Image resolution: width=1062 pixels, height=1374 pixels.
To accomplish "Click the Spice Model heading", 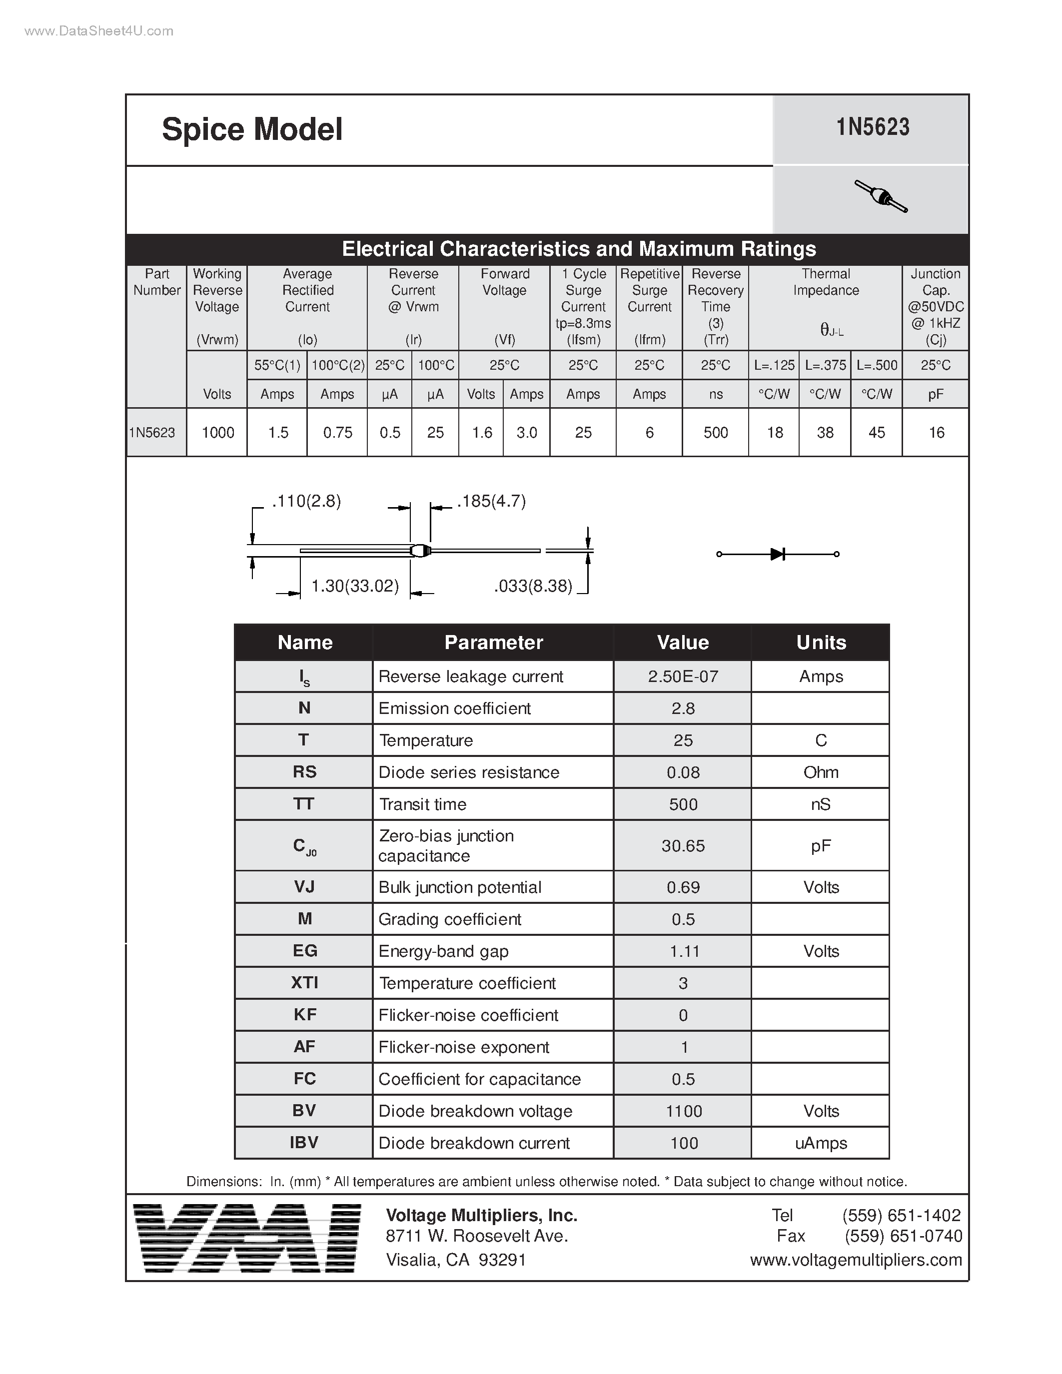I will (x=252, y=129).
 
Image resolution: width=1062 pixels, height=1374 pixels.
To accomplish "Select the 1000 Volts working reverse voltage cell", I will (x=218, y=432).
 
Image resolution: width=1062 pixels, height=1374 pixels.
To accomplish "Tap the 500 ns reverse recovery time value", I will (x=715, y=432).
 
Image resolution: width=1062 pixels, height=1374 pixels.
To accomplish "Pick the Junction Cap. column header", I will (x=935, y=306).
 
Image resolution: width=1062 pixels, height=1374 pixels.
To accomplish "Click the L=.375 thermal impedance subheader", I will (x=825, y=365).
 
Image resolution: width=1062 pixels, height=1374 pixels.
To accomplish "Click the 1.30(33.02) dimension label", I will (x=355, y=587).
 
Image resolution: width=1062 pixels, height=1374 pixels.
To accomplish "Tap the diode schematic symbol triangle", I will (x=777, y=554).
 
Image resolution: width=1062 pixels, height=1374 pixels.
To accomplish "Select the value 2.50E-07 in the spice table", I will (x=683, y=677).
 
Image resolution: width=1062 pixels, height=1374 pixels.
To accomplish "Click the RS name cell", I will (x=304, y=772).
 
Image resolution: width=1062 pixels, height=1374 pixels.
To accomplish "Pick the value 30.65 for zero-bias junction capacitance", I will (x=683, y=845).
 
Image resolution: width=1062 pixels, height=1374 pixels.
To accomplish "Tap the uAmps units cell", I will (x=821, y=1143).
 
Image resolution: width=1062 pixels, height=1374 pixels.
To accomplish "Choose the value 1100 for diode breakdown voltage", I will (x=683, y=1111).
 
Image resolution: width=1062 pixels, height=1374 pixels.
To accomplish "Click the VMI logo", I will (x=248, y=1238).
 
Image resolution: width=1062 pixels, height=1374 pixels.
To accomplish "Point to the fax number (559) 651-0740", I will (x=903, y=1236).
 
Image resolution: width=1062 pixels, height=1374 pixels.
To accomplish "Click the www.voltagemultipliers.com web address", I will (x=856, y=1260).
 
